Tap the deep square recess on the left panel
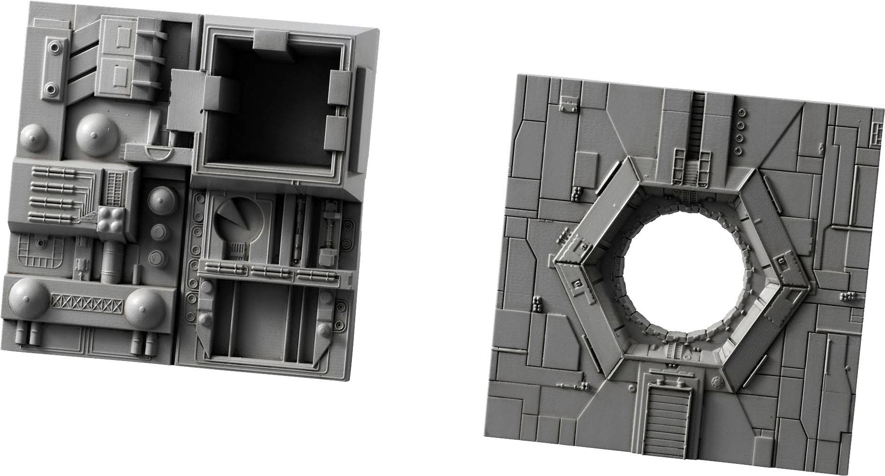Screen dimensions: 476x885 271,106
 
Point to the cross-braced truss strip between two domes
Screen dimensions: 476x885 87,303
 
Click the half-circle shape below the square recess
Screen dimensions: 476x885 159,155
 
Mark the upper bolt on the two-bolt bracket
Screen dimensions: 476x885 54,47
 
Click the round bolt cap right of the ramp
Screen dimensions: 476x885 716,383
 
